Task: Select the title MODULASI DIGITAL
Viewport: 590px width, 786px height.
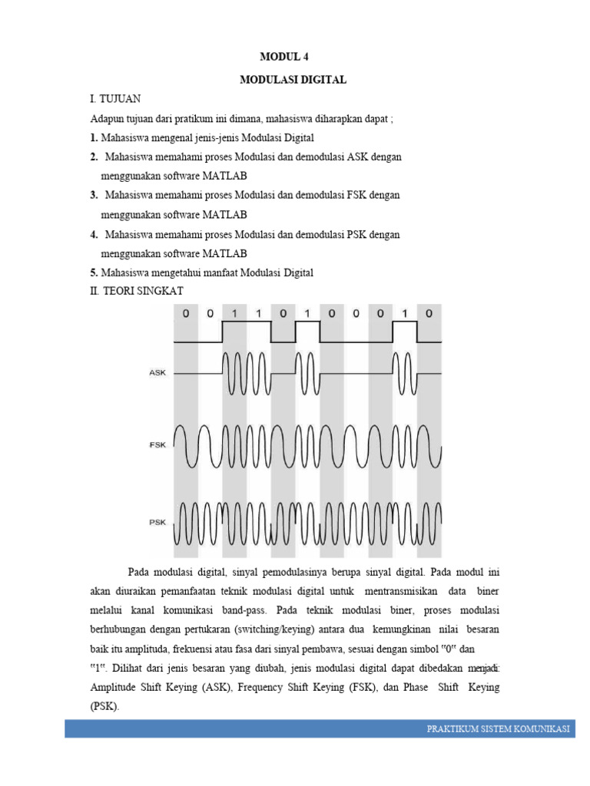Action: [293, 79]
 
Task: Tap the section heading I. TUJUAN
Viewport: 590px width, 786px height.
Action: [115, 100]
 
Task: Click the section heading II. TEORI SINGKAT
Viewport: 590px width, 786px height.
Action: [137, 292]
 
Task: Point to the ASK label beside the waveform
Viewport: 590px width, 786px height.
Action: [157, 373]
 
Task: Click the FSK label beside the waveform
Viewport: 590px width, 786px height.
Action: [157, 444]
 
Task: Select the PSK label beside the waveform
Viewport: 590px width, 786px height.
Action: [157, 522]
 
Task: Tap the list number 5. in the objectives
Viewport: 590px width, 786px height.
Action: [93, 272]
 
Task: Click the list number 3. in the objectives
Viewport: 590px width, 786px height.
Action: [93, 195]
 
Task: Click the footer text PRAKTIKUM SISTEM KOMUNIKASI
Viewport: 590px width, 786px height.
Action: [498, 729]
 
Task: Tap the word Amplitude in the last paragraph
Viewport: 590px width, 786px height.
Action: [115, 687]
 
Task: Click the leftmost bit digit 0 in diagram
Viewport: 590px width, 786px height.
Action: [186, 313]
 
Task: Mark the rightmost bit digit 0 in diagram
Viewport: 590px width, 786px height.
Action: [429, 313]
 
